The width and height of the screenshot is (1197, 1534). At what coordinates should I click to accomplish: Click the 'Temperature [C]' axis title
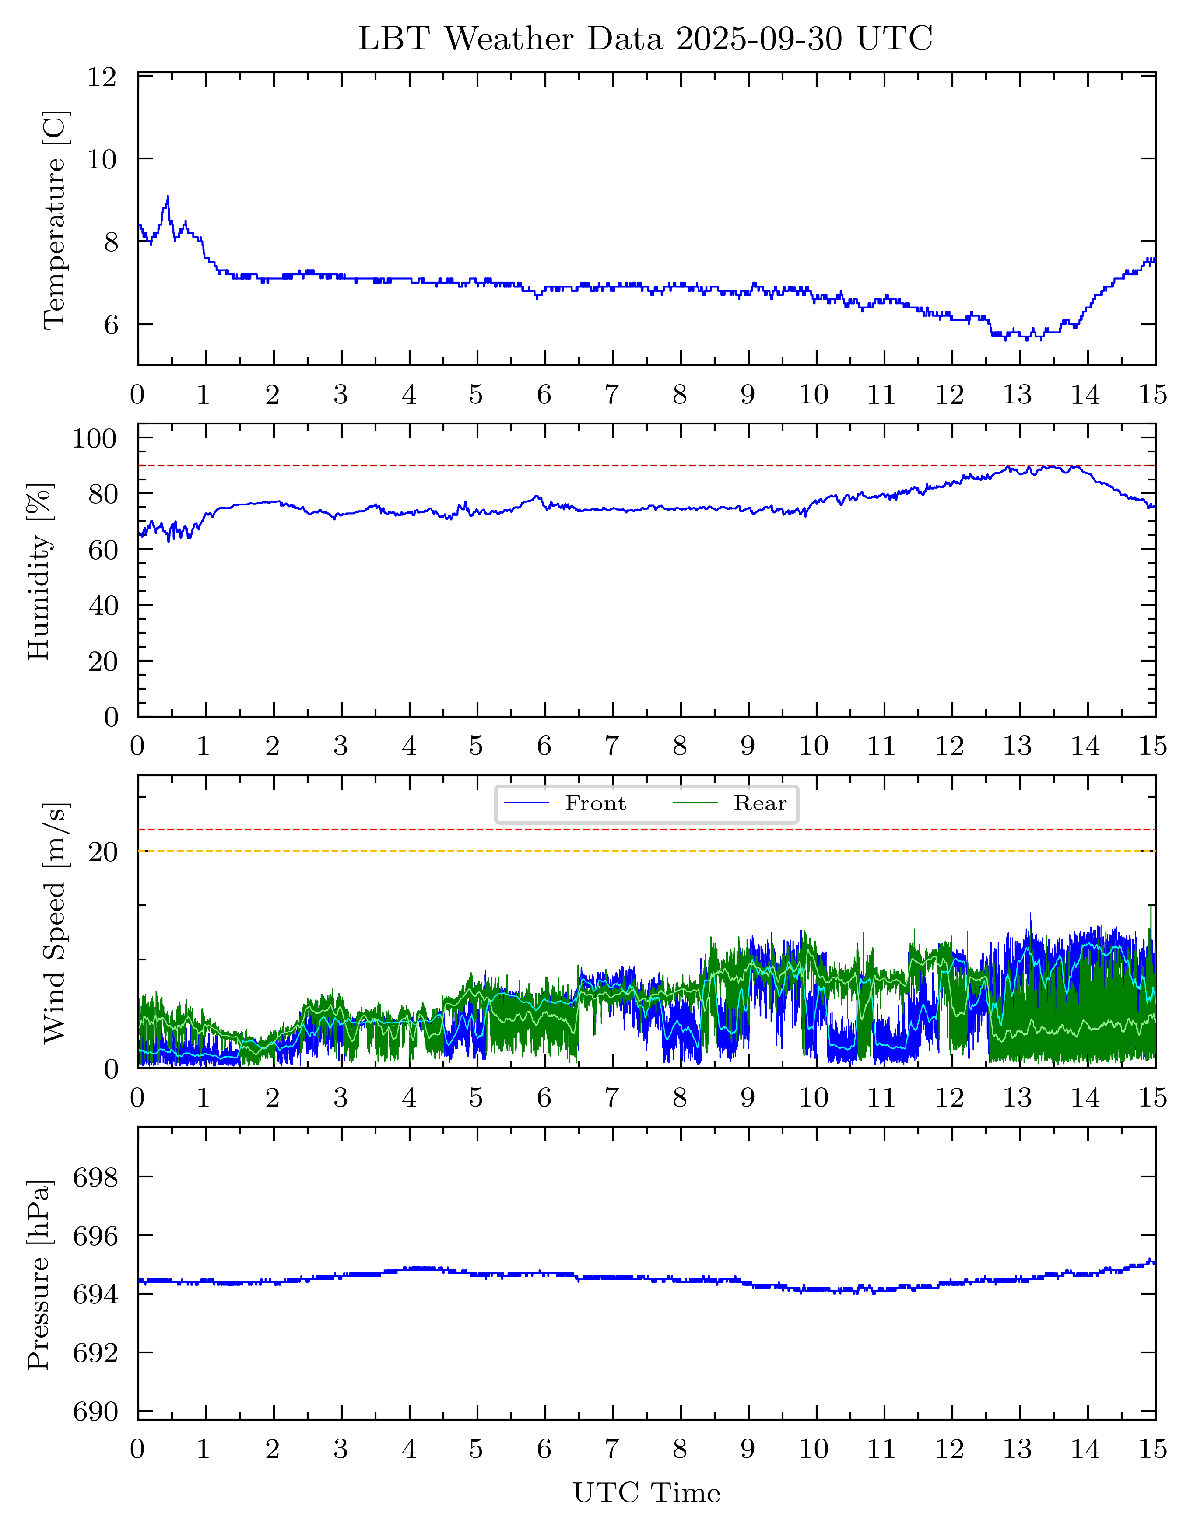55,219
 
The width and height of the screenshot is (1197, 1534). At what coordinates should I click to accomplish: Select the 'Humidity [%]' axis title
39,571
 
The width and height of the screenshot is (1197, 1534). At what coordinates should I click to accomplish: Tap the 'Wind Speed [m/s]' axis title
55,922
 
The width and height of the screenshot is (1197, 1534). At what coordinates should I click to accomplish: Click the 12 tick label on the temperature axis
102,77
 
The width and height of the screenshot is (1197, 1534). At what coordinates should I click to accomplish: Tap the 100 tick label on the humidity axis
94,438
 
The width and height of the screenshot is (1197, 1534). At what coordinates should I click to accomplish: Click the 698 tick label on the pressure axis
95,1178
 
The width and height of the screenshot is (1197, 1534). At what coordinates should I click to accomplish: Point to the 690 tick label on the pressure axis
95,1412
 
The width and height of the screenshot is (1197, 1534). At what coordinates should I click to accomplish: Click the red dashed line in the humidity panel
646,466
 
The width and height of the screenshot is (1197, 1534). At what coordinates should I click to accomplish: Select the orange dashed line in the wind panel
646,851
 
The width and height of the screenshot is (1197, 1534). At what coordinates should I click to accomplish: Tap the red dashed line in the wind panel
646,830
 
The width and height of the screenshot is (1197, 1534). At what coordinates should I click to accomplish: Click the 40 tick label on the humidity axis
103,606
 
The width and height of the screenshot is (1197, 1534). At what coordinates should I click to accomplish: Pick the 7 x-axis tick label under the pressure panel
612,1450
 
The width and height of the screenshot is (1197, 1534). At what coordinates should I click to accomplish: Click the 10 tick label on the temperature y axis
102,159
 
